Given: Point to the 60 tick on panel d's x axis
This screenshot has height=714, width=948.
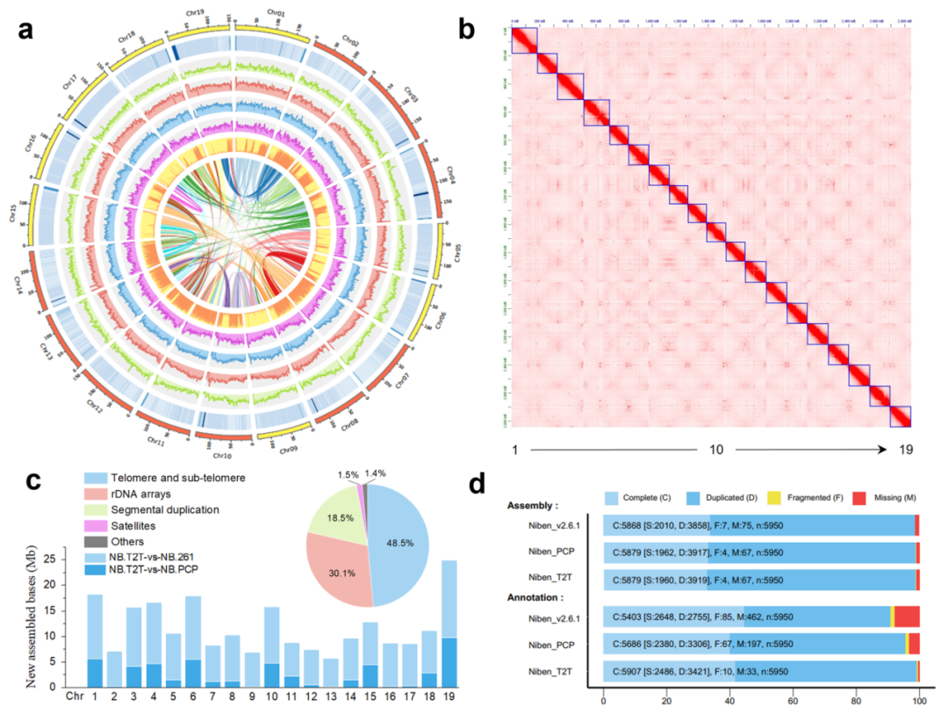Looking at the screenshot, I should [794, 703].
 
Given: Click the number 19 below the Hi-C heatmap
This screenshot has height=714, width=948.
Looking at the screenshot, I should [906, 450].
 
